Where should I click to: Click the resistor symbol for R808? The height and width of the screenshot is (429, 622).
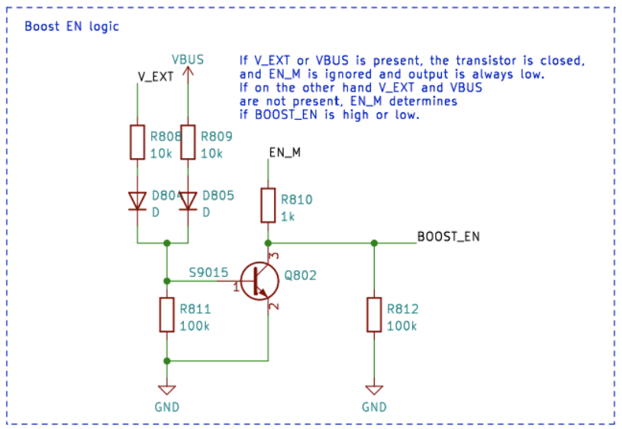pyautogui.click(x=137, y=141)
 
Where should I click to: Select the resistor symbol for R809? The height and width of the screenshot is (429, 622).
pyautogui.click(x=188, y=141)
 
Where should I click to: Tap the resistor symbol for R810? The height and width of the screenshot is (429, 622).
pyautogui.click(x=268, y=205)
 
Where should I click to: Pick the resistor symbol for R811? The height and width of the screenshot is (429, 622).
pyautogui.click(x=167, y=314)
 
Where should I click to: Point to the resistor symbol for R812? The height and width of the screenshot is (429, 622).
pyautogui.click(x=374, y=314)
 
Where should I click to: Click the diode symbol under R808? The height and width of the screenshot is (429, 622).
pyautogui.click(x=137, y=200)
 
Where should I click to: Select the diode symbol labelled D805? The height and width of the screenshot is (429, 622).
pyautogui.click(x=188, y=200)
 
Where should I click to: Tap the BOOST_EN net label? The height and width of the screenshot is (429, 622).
pyautogui.click(x=448, y=236)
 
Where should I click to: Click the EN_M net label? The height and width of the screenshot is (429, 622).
pyautogui.click(x=285, y=153)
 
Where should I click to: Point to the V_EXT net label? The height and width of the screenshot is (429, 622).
pyautogui.click(x=156, y=76)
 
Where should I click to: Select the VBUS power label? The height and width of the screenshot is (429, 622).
pyautogui.click(x=188, y=59)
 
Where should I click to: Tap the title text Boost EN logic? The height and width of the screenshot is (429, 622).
pyautogui.click(x=72, y=26)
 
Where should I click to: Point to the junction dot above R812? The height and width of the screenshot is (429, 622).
pyautogui.click(x=374, y=244)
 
